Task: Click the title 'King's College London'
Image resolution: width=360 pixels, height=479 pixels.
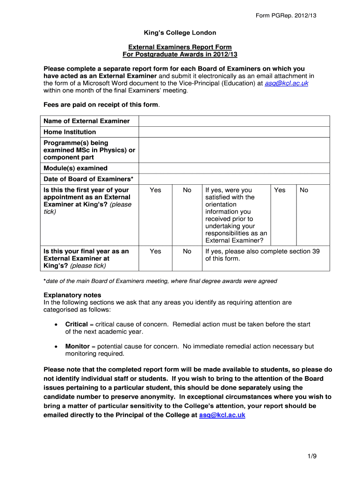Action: (180, 33)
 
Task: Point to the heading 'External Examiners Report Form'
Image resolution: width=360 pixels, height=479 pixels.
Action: (180, 47)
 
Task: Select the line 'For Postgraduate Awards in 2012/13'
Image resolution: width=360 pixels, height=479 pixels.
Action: (180, 55)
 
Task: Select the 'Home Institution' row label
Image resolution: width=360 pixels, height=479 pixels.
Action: (70, 132)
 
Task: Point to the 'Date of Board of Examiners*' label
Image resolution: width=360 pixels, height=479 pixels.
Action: (88, 179)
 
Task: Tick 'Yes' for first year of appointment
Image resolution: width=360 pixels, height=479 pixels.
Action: (155, 190)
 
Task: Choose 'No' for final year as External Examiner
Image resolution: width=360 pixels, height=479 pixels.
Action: (187, 251)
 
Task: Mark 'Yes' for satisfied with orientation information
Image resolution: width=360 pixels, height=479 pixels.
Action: (280, 190)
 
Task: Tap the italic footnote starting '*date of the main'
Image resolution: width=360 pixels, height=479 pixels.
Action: (160, 281)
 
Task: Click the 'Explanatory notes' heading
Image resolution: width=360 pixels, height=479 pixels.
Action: (72, 295)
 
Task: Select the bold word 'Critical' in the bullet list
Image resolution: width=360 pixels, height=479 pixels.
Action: (77, 324)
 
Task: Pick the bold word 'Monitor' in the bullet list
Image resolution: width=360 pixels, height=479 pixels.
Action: (77, 347)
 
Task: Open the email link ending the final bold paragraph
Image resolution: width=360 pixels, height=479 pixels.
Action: (222, 415)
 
